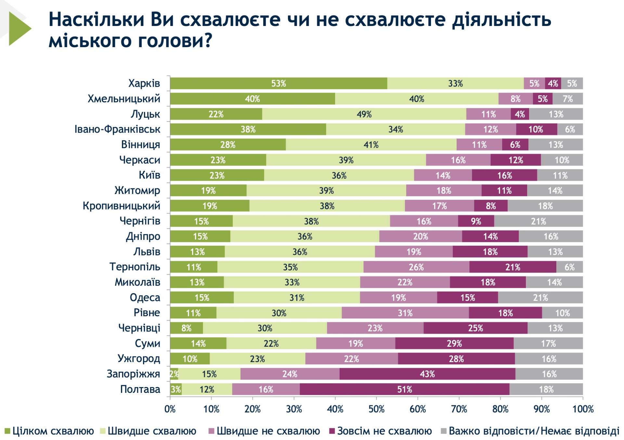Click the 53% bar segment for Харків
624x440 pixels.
279,84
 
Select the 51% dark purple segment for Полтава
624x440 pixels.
404,389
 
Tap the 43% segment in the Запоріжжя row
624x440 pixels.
427,374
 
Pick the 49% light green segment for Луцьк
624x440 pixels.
364,114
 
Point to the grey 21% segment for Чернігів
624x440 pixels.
538,221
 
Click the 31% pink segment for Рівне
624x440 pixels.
405,313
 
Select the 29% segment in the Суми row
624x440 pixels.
454,343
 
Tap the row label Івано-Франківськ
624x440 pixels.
117,129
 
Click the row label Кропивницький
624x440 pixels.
121,206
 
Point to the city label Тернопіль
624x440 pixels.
135,267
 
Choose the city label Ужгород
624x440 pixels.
139,359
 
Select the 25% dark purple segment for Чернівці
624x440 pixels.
475,328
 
